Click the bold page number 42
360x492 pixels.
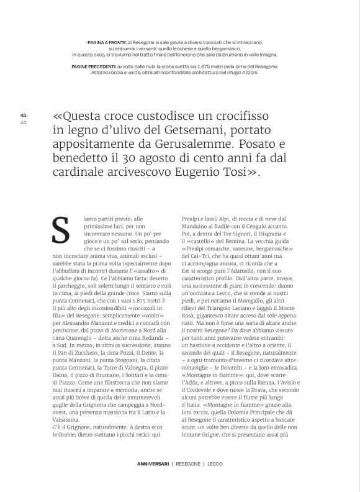tap(23, 115)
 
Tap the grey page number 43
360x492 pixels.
tap(23, 121)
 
